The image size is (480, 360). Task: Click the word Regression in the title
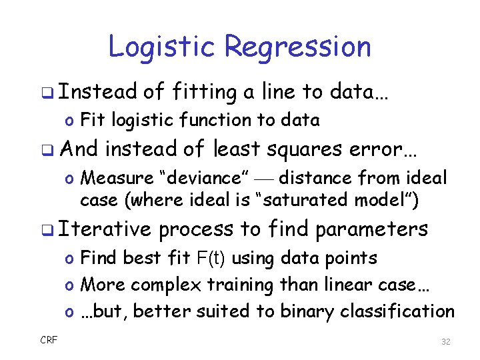(x=297, y=47)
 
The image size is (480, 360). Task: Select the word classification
(x=397, y=311)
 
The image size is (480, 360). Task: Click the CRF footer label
(x=49, y=340)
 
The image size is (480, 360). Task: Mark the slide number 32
(x=446, y=341)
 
